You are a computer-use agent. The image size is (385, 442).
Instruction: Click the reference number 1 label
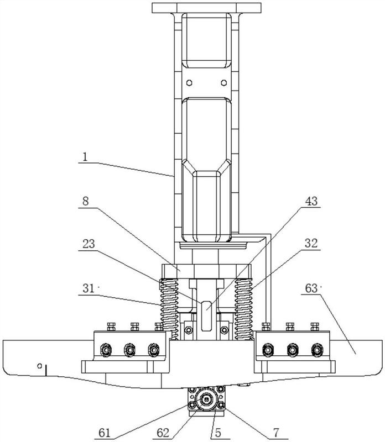pyautogui.click(x=85, y=157)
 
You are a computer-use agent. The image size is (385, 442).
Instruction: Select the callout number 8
pyautogui.click(x=86, y=201)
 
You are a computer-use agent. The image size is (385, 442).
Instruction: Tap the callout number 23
pyautogui.click(x=89, y=244)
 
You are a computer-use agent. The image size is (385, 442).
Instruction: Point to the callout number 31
pyautogui.click(x=88, y=288)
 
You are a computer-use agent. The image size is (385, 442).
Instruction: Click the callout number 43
pyautogui.click(x=311, y=201)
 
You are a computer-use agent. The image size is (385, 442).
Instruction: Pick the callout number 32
pyautogui.click(x=311, y=243)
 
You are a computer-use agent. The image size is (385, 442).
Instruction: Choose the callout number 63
pyautogui.click(x=311, y=288)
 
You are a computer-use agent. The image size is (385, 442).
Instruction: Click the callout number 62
pyautogui.click(x=163, y=433)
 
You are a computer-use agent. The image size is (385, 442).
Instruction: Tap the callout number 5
pyautogui.click(x=218, y=433)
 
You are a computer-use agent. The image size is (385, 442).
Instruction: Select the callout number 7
pyautogui.click(x=276, y=432)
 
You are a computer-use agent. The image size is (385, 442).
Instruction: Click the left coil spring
pyautogui.click(x=169, y=309)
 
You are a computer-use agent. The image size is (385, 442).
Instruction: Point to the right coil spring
pyautogui.click(x=243, y=309)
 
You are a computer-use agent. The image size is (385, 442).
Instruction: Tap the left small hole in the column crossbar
pyautogui.click(x=190, y=82)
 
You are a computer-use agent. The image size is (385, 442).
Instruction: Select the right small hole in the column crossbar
pyautogui.click(x=224, y=82)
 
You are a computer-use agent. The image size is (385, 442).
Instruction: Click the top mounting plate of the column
pyautogui.click(x=206, y=8)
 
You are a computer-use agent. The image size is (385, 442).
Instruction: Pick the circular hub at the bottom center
pyautogui.click(x=207, y=399)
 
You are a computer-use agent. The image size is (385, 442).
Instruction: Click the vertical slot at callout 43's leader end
pyautogui.click(x=207, y=316)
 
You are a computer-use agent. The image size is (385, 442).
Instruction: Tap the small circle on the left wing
pyautogui.click(x=40, y=366)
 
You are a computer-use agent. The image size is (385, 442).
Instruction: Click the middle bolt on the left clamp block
pyautogui.click(x=130, y=350)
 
